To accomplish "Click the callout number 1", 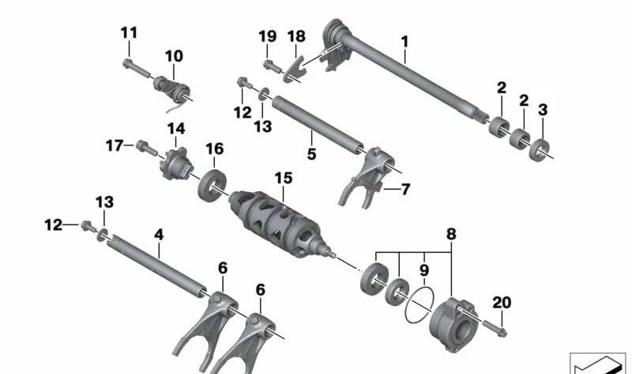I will click(404, 40).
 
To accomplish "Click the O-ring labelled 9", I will click(418, 304).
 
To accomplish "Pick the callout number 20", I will click(502, 302).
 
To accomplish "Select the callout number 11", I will click(129, 33).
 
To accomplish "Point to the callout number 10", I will click(173, 56).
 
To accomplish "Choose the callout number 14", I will click(175, 128).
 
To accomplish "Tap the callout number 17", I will click(114, 145).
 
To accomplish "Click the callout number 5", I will click(311, 154).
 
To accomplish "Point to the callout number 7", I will click(405, 190).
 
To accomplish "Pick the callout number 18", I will click(295, 36).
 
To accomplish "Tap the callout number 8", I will click(450, 234).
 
